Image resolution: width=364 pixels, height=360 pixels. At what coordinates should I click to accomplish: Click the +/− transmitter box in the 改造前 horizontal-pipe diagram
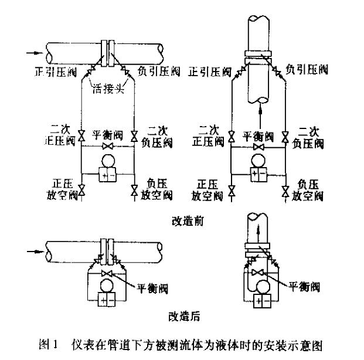(x=107, y=175)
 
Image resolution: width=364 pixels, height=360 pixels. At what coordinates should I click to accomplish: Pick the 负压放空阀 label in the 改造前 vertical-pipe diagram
(x=308, y=188)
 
